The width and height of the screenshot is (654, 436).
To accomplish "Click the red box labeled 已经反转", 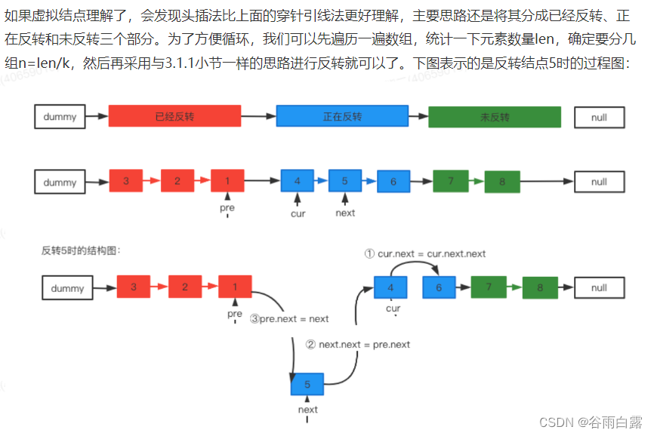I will (x=174, y=116).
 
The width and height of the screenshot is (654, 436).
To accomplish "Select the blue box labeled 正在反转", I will (x=342, y=116).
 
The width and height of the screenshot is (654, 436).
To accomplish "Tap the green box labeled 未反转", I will (x=495, y=117).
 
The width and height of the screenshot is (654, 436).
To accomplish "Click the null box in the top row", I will (x=599, y=117).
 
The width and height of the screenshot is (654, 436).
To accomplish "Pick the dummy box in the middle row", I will (x=60, y=182).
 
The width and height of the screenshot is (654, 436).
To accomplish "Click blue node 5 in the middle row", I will (x=344, y=181).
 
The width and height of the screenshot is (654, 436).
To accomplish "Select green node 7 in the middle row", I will (x=450, y=181).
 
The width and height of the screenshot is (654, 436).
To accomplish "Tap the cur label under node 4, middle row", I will (x=298, y=213).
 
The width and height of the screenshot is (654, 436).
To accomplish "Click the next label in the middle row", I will (x=345, y=213).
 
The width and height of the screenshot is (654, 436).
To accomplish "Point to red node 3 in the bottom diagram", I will (x=134, y=287).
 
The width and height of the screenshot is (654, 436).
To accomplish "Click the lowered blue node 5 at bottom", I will (x=307, y=385).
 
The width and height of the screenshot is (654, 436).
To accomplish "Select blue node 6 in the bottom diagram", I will (x=438, y=287).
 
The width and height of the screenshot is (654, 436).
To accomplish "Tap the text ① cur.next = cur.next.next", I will (x=425, y=253).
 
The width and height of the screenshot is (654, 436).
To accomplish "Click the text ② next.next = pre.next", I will (x=358, y=344).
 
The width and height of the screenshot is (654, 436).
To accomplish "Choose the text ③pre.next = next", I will (x=289, y=318).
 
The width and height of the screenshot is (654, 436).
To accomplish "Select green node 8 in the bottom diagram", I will (x=539, y=288).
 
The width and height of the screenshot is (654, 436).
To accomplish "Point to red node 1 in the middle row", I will (x=227, y=181).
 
